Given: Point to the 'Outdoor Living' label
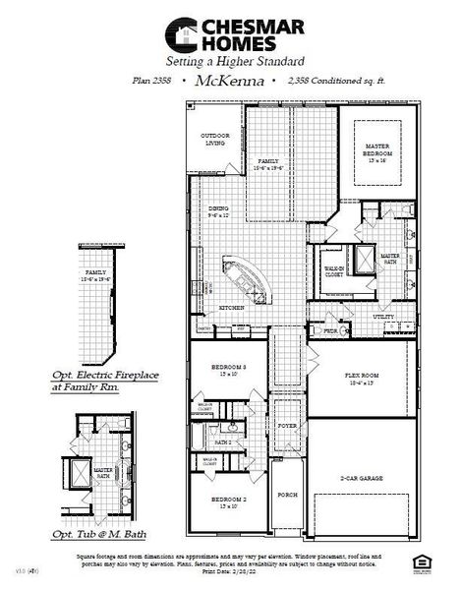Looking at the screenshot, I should (213, 139).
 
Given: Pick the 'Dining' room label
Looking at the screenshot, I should (218, 209).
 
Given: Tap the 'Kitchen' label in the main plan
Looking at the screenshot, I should (231, 308).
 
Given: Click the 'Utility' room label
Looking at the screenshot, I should (384, 318).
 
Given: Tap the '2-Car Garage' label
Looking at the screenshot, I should (361, 478).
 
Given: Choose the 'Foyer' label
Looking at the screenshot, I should (287, 426).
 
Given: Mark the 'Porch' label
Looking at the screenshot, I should (287, 495).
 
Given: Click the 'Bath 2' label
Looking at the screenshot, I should (223, 442).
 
